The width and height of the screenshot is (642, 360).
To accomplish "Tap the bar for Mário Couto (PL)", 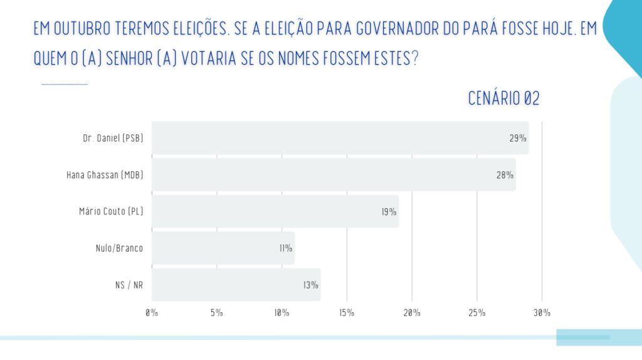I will pyautogui.click(x=275, y=211).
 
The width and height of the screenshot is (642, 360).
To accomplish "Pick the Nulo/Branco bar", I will pyautogui.click(x=223, y=248).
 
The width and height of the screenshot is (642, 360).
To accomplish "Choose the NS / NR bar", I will pyautogui.click(x=236, y=285).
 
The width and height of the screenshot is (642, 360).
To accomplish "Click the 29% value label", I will pyautogui.click(x=518, y=138).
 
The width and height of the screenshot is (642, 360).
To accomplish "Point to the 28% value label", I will pyautogui.click(x=505, y=175).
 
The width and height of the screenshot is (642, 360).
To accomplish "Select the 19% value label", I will pyautogui.click(x=389, y=211).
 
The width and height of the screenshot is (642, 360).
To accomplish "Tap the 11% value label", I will pyautogui.click(x=286, y=248).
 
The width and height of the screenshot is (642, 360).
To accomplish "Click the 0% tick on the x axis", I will pyautogui.click(x=152, y=312).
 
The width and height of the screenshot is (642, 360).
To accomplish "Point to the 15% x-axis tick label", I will pyautogui.click(x=347, y=312).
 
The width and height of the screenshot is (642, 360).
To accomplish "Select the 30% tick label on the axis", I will pyautogui.click(x=542, y=312).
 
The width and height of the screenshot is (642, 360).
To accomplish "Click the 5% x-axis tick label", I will pyautogui.click(x=217, y=312).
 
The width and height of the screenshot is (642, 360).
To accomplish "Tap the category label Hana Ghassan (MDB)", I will pyautogui.click(x=105, y=175).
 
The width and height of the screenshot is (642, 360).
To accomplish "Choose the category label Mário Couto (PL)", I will pyautogui.click(x=107, y=211).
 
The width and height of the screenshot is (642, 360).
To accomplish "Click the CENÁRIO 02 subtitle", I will pyautogui.click(x=503, y=98).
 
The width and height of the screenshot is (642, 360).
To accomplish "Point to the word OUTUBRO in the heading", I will pyautogui.click(x=83, y=29).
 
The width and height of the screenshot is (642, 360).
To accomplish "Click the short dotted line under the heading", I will pyautogui.click(x=65, y=84).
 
